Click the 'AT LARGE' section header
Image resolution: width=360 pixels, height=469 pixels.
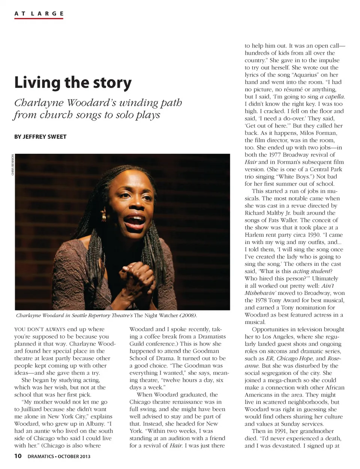pyautogui.click(x=39, y=14)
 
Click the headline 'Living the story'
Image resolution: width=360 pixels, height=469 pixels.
pyautogui.click(x=73, y=83)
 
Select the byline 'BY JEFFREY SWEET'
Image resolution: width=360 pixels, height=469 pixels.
pyautogui.click(x=40, y=137)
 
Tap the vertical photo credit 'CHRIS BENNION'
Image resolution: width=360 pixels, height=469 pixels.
pyautogui.click(x=12, y=165)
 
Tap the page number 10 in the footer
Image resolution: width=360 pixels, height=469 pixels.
pyautogui.click(x=18, y=456)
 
